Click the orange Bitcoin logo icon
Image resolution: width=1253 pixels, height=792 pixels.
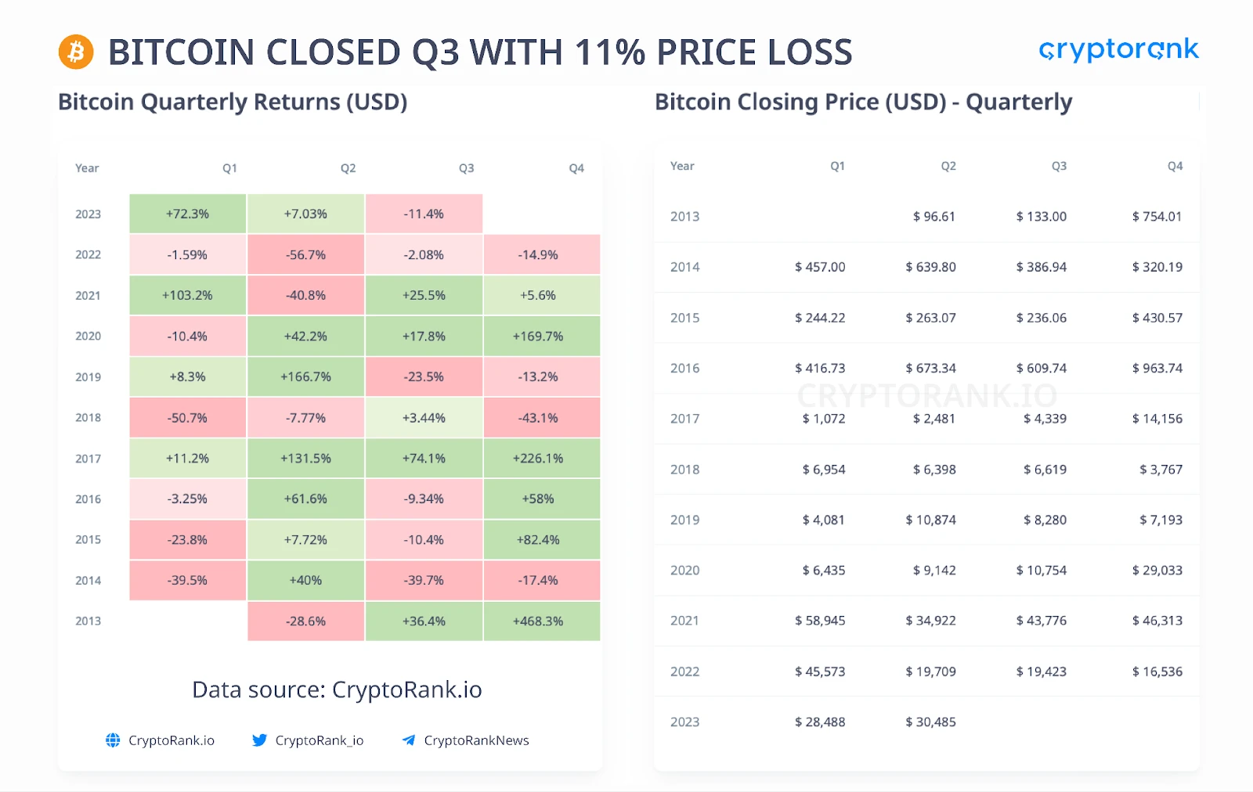click(x=76, y=52)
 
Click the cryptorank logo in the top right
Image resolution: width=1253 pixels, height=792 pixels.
click(x=1118, y=50)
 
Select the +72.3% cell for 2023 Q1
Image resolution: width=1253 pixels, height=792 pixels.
click(x=188, y=214)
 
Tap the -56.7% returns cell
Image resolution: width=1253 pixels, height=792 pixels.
click(x=305, y=255)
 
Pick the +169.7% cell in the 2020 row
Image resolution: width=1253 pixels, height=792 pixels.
click(x=538, y=337)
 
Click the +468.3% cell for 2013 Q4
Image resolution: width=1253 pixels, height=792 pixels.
click(x=538, y=621)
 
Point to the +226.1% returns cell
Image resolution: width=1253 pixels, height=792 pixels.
click(x=538, y=459)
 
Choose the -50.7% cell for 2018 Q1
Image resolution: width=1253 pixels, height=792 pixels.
click(x=188, y=418)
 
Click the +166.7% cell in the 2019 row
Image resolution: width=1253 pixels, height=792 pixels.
click(x=305, y=377)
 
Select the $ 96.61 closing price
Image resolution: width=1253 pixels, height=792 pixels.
click(x=933, y=217)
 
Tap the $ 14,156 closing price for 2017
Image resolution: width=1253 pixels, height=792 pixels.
click(x=1157, y=419)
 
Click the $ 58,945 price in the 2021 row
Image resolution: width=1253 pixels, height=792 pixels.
click(x=820, y=621)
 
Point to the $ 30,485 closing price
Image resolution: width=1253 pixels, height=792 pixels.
click(x=930, y=722)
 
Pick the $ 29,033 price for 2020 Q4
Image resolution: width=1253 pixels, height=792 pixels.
click(x=1157, y=571)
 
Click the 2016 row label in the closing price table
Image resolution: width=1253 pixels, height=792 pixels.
click(x=685, y=369)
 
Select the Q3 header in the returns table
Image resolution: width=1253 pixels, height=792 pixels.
click(x=467, y=168)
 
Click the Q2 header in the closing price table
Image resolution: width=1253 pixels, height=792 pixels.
click(x=948, y=166)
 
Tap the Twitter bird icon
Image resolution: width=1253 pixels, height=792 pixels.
click(x=259, y=740)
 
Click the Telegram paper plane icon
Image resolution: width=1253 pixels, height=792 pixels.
click(x=408, y=740)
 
